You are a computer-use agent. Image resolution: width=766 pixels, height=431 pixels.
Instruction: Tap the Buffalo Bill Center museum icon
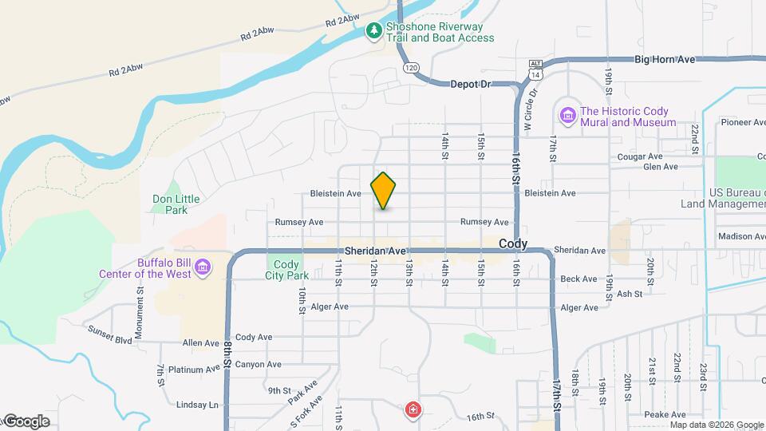[203, 267]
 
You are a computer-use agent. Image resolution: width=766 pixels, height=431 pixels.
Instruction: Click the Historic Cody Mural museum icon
[567, 117]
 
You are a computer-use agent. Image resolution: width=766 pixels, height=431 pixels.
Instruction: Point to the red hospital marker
[413, 410]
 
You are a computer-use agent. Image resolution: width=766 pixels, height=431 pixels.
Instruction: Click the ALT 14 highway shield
[534, 69]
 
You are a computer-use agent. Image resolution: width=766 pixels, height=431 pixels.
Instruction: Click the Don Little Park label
[176, 204]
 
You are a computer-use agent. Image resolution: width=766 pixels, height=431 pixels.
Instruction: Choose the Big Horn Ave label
[665, 59]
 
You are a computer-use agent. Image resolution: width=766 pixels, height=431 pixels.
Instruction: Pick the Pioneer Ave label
[743, 122]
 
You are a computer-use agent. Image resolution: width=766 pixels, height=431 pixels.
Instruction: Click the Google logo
[26, 421]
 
